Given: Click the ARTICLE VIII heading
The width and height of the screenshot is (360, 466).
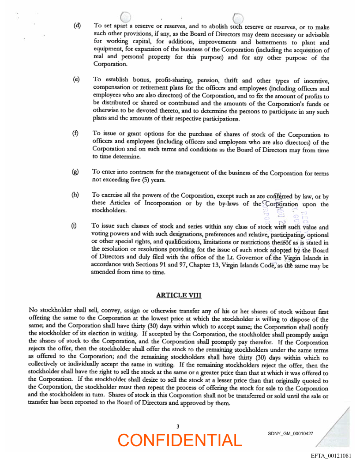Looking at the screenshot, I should (179, 295).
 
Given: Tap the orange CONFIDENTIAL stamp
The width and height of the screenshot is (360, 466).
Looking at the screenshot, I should (180, 440).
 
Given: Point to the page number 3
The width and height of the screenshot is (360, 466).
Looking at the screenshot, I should (178, 426).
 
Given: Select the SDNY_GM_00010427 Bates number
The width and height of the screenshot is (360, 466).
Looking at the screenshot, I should (290, 434).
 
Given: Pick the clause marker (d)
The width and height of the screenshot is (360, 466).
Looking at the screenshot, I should (77, 25).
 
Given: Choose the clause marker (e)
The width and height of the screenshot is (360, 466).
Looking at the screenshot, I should (77, 79).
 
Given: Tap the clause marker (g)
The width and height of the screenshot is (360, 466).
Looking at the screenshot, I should (76, 171).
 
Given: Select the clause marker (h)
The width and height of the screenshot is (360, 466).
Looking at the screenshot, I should (76, 195).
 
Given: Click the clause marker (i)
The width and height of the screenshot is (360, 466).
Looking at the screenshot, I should (75, 225).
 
